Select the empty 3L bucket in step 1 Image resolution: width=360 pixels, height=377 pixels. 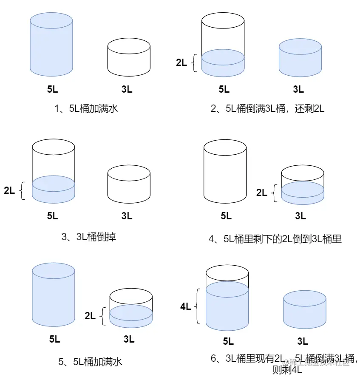129,55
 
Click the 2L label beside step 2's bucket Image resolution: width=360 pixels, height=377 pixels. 181,62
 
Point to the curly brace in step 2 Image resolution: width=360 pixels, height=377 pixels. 195,63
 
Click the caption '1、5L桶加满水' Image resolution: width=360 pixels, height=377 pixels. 86,108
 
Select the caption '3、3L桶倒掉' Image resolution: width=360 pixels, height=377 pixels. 88,237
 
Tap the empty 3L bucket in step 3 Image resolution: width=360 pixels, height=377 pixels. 129,184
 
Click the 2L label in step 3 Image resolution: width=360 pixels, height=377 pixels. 9,190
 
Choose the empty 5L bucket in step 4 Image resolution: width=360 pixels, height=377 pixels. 225,171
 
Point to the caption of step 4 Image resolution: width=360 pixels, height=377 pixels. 275,239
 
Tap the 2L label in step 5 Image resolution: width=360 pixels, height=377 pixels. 90,316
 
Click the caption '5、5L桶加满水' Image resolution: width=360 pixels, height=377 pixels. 90,362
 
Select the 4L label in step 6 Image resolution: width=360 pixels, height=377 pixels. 186,306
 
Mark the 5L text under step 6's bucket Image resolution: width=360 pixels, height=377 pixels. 228,341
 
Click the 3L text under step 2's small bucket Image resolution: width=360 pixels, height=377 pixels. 298,89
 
